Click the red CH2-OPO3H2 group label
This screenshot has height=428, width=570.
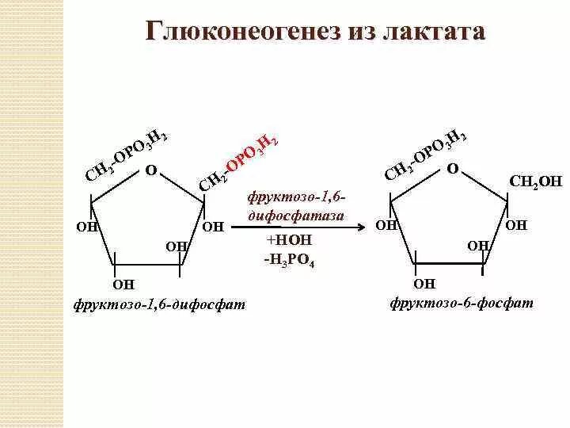click(x=238, y=162)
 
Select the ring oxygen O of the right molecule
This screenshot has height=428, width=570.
click(x=452, y=169)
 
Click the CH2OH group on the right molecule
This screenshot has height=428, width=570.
click(x=535, y=182)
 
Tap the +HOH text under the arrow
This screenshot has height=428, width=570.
click(x=288, y=240)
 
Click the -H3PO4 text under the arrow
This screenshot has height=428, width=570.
click(x=289, y=258)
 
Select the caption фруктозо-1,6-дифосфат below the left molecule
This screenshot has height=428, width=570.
click(x=158, y=304)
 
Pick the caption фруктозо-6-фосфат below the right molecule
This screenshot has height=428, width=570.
click(x=461, y=304)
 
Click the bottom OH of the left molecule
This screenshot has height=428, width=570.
click(x=124, y=284)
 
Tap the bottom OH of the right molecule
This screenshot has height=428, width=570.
click(x=424, y=283)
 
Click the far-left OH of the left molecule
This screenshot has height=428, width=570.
click(x=86, y=227)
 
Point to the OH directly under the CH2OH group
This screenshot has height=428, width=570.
click(x=515, y=225)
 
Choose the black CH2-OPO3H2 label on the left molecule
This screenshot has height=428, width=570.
click(x=126, y=155)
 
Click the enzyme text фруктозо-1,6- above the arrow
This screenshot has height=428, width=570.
click(x=297, y=197)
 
